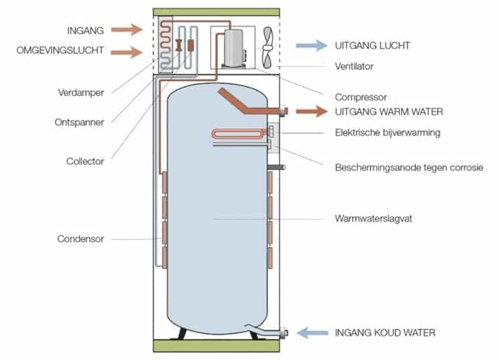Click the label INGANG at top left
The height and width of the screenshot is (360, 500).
(x=86, y=29)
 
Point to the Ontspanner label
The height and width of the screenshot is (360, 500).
(x=80, y=122)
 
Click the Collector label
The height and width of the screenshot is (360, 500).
(x=83, y=161)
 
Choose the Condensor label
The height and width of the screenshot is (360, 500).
(x=81, y=239)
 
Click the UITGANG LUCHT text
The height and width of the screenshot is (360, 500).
(x=373, y=46)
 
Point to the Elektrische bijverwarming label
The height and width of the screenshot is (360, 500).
(x=387, y=133)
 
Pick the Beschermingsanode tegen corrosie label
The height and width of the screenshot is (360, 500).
(x=409, y=167)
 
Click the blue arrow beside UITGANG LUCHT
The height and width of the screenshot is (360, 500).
(x=311, y=46)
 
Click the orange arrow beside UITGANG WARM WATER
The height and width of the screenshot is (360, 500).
(x=311, y=112)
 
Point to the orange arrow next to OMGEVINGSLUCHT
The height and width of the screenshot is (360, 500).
(x=130, y=51)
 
